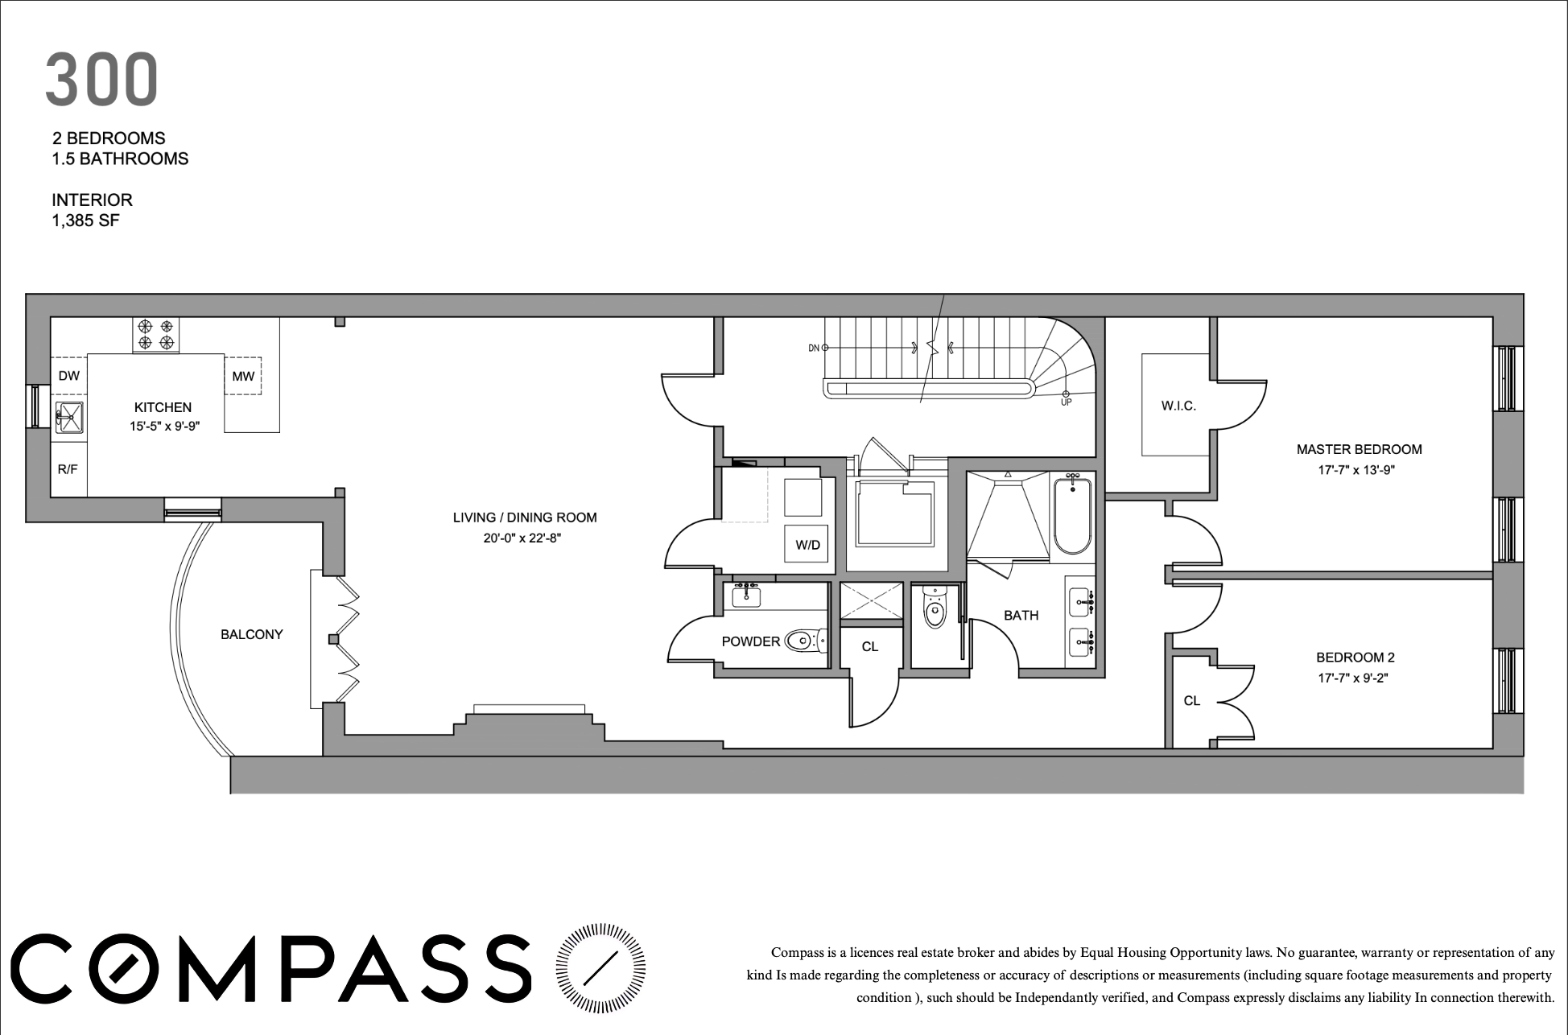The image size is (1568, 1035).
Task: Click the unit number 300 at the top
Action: click(x=101, y=80)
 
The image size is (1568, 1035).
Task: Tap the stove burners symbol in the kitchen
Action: click(x=156, y=335)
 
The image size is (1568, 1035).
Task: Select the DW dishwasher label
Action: click(x=69, y=375)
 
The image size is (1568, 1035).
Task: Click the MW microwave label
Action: click(x=243, y=376)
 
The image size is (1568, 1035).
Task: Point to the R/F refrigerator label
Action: click(x=68, y=468)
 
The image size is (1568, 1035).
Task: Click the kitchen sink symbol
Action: click(x=69, y=417)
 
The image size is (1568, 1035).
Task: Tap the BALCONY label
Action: click(x=252, y=634)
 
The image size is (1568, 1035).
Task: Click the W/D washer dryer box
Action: click(x=807, y=545)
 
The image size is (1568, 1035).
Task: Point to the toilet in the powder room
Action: click(x=802, y=641)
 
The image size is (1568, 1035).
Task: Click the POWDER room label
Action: click(x=751, y=641)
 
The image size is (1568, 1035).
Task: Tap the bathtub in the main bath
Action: click(x=1071, y=515)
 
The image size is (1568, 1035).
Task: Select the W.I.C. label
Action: click(x=1178, y=406)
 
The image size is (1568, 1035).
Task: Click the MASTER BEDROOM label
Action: click(x=1359, y=449)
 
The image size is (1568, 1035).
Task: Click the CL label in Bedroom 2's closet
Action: click(x=1192, y=701)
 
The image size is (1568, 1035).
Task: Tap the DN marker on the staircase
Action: click(x=814, y=348)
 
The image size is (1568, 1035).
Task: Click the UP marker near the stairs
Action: click(x=1066, y=402)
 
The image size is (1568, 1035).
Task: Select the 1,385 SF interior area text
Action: click(x=86, y=220)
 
